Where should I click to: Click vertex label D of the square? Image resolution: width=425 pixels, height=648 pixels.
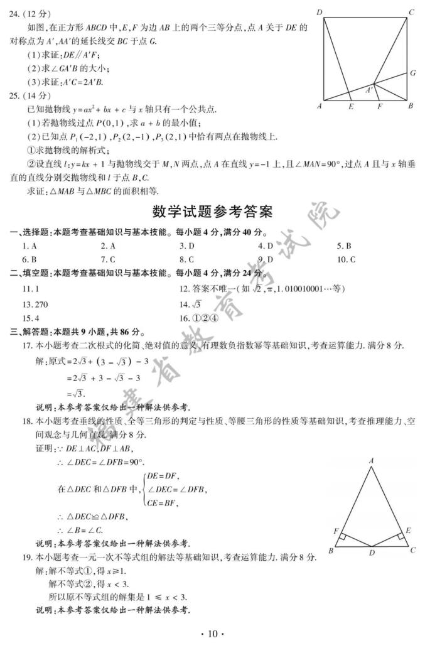(320, 12)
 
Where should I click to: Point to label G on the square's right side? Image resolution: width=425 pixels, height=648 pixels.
(412, 73)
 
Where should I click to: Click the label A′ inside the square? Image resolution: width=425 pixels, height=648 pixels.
(369, 90)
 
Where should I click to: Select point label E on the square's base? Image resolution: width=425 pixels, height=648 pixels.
(351, 107)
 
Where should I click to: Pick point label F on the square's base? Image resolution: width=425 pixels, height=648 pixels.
(380, 107)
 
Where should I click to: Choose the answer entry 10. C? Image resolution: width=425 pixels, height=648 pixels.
(346, 259)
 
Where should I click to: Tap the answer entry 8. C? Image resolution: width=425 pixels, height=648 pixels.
(186, 259)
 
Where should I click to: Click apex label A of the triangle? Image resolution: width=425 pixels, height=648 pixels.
(372, 461)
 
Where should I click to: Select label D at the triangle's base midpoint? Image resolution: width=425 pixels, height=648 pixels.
(371, 553)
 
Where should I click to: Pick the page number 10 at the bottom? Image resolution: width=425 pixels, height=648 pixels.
(212, 634)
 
